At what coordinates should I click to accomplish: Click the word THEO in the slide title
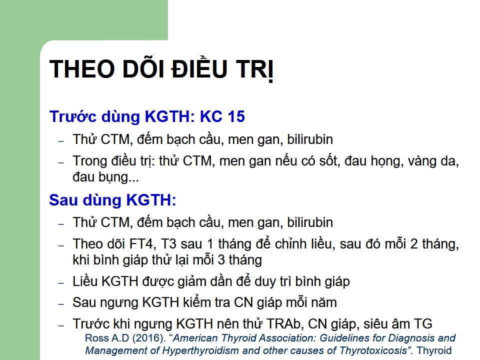coord(82,68)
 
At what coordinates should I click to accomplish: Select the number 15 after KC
coord(235,116)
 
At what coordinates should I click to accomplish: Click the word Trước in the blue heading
coord(73,116)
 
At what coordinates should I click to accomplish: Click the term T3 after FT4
coord(168,244)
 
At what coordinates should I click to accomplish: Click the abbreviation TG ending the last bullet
coord(423,324)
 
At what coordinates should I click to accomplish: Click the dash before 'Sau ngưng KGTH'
coord(61,303)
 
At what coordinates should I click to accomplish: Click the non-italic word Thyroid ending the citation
coord(434,350)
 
